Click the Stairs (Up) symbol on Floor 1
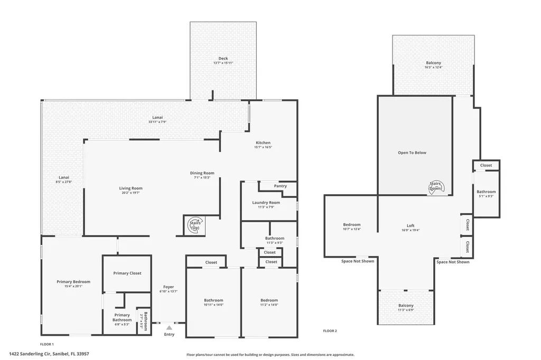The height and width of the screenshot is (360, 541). point(194,224)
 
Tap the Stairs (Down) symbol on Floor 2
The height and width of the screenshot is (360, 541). point(436,186)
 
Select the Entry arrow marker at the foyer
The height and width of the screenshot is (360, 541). point(169,328)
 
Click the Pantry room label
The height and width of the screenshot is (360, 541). point(281,186)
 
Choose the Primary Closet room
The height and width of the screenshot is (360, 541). point(127,273)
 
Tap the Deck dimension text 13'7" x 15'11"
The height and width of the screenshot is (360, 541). point(223,63)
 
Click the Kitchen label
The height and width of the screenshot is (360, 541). point(263,143)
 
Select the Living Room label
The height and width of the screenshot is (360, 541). point(130,188)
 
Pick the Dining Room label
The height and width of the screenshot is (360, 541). point(202,173)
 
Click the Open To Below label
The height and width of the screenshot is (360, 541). point(412,153)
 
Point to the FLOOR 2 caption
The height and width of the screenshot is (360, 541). point(330,331)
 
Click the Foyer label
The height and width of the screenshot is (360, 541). point(169,287)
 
